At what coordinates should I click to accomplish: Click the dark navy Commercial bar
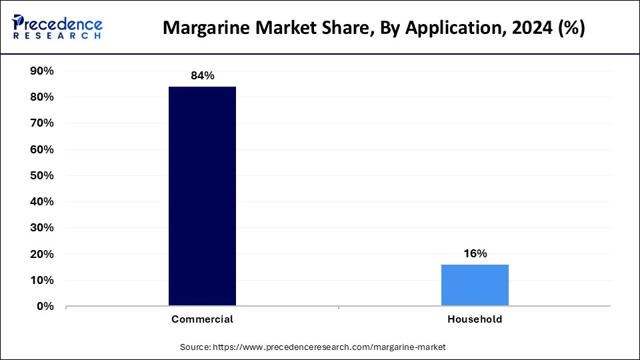click(x=202, y=197)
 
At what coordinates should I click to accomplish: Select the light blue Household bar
click(x=475, y=285)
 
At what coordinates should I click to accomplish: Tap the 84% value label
click(x=202, y=76)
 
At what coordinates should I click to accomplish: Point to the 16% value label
click(x=475, y=253)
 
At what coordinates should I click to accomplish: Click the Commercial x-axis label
click(x=202, y=319)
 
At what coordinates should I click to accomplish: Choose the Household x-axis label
click(x=475, y=319)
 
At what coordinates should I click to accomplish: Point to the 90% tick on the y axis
click(x=42, y=71)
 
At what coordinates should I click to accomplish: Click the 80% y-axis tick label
click(x=42, y=97)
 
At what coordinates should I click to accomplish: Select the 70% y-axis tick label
click(x=42, y=123)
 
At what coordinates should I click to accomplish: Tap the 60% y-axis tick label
click(x=42, y=150)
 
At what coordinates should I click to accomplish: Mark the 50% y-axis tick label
click(x=42, y=176)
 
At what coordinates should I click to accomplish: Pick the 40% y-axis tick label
click(x=42, y=202)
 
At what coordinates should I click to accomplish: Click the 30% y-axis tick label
click(x=42, y=228)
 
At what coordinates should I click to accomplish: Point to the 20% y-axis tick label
click(x=42, y=255)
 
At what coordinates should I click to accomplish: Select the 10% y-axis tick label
click(x=42, y=281)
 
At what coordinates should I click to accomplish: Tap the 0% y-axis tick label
click(x=45, y=307)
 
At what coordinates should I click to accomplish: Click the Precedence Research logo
click(x=57, y=27)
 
